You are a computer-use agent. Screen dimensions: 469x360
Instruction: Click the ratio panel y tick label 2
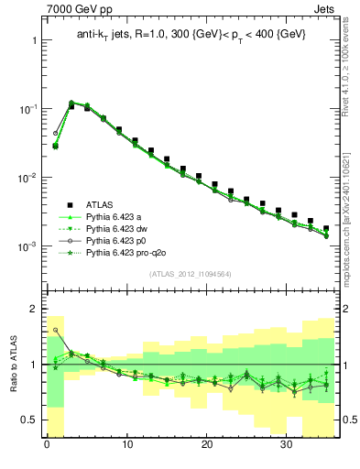coord(34,309)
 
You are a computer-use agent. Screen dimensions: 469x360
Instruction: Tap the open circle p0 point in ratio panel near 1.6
coord(55,330)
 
